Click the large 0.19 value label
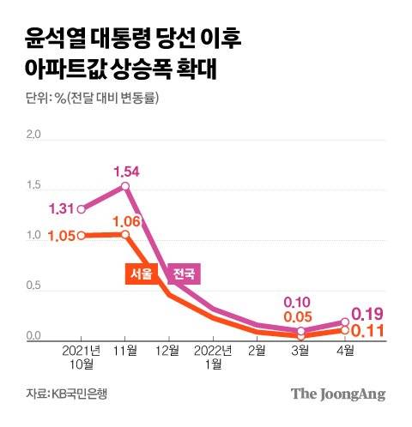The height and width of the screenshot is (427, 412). (x=367, y=314)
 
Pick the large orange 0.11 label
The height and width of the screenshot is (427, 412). (x=367, y=331)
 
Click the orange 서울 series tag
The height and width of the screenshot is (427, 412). (x=140, y=274)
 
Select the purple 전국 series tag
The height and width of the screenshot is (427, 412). (x=184, y=274)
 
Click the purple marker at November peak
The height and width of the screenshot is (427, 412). (x=125, y=186)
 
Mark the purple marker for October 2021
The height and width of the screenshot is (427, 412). (x=82, y=208)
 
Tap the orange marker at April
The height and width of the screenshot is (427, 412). (x=344, y=329)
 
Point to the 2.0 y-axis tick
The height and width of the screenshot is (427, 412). (x=34, y=135)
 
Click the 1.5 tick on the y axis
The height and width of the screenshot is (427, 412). (x=34, y=185)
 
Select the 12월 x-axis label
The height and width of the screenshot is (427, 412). (x=169, y=351)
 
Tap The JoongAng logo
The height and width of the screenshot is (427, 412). (x=337, y=394)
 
